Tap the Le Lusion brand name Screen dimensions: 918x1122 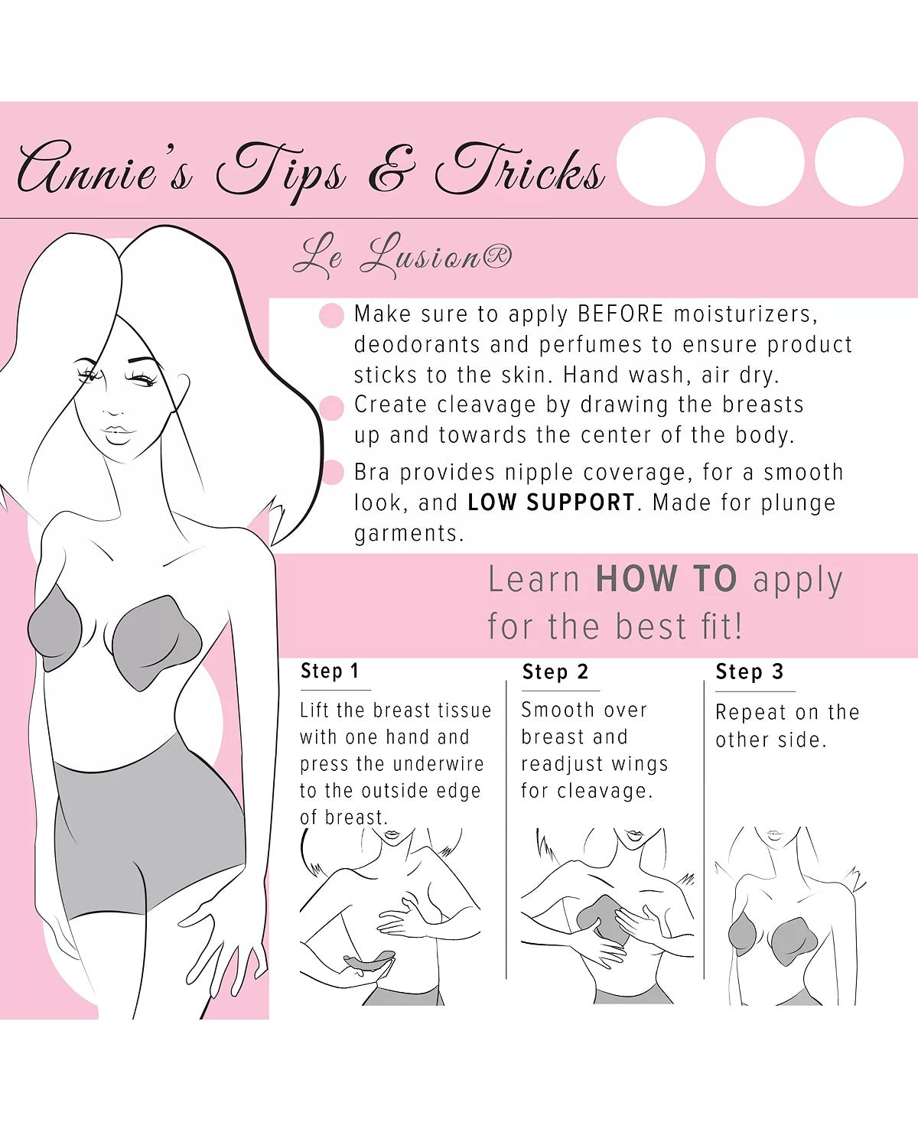pyautogui.click(x=402, y=256)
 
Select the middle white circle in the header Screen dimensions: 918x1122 pyautogui.click(x=760, y=161)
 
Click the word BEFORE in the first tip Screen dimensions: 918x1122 pyautogui.click(x=620, y=314)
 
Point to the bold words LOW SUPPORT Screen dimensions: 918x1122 pyautogui.click(x=552, y=502)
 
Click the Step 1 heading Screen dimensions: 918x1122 pyautogui.click(x=330, y=671)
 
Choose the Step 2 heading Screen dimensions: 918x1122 pyautogui.click(x=555, y=672)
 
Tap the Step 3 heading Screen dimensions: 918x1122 pyautogui.click(x=749, y=672)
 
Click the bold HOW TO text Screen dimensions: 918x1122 pyautogui.click(x=666, y=579)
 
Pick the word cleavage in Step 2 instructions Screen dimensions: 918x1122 pyautogui.click(x=604, y=791)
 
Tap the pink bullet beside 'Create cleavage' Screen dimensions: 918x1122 pyautogui.click(x=331, y=408)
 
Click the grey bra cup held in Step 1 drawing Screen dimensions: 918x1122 pyautogui.click(x=369, y=961)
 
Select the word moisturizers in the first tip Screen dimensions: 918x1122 pyautogui.click(x=746, y=314)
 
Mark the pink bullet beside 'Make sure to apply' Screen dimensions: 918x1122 pyautogui.click(x=331, y=315)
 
